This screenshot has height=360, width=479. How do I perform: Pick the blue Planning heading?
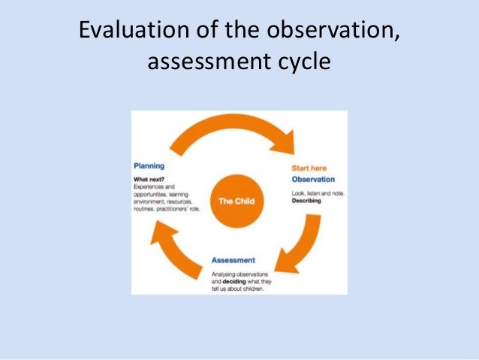tap(149, 165)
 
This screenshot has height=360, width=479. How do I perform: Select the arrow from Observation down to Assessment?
tap(293, 241)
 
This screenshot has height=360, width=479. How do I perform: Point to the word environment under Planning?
tap(152, 202)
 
